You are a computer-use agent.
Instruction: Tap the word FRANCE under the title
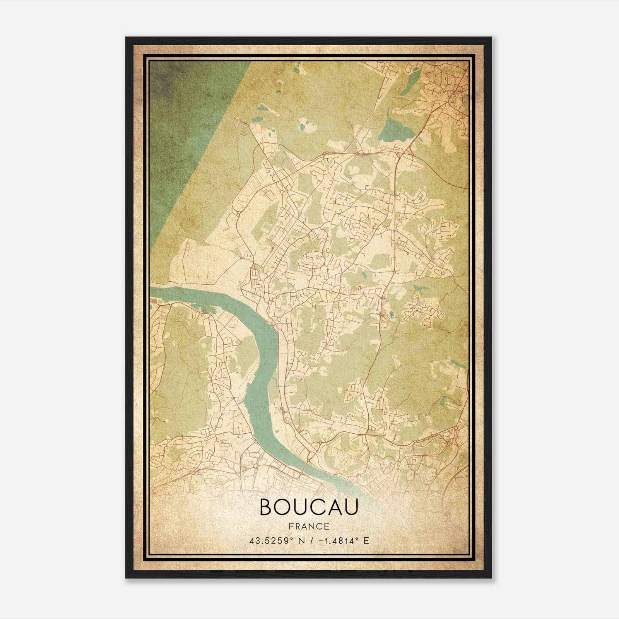click(x=309, y=526)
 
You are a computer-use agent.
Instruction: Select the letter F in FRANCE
click(x=291, y=526)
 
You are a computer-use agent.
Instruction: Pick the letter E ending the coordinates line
click(x=366, y=540)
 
